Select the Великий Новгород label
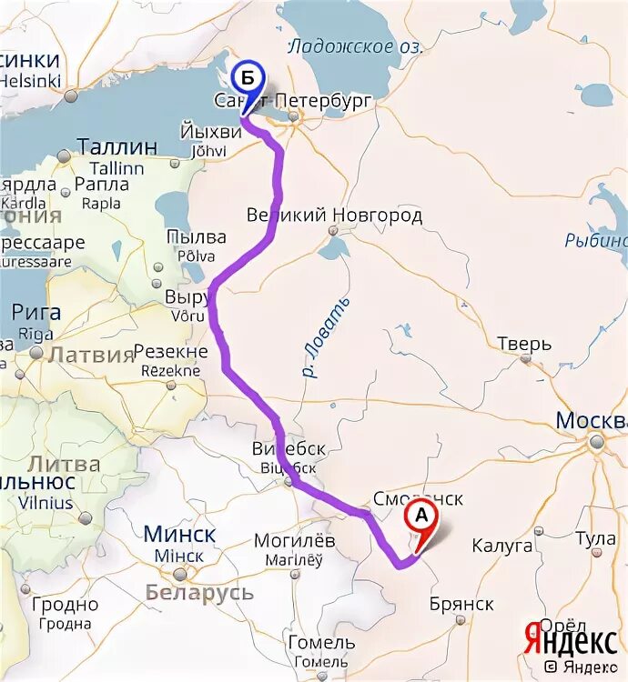334,216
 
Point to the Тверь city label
524,345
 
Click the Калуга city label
501,546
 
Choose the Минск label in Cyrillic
180,534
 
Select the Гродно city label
65,604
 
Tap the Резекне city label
171,352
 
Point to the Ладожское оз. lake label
343,47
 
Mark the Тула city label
595,538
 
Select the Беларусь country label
199,593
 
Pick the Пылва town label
196,237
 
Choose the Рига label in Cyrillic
36,312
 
